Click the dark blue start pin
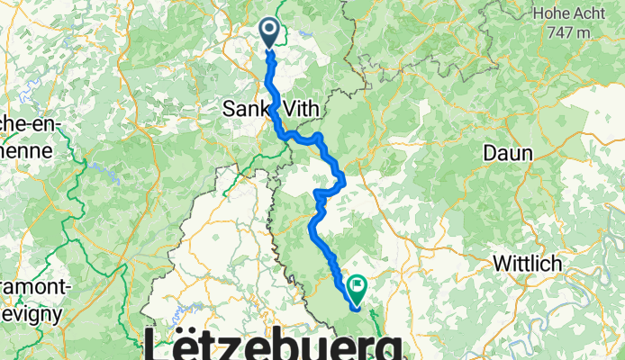pos(269,32)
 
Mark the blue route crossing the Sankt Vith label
pos(271,109)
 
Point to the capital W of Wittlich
pos(500,265)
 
